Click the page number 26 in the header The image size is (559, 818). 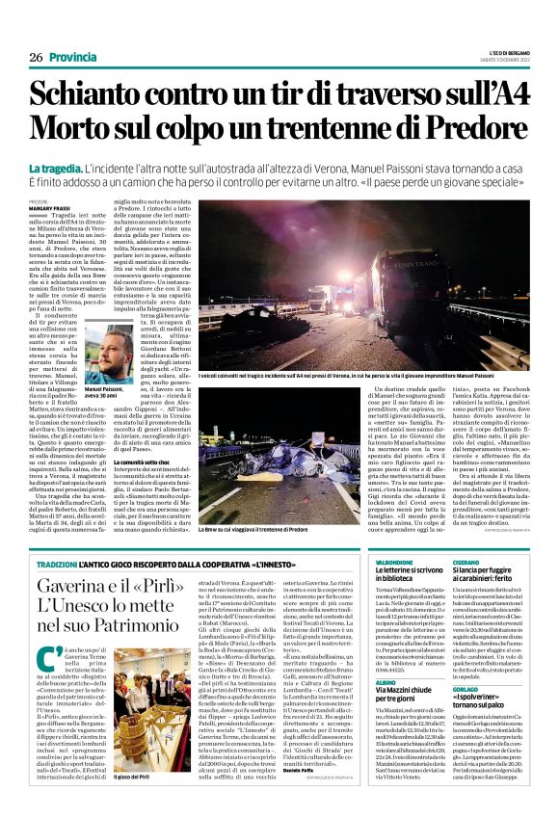(x=36, y=58)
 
